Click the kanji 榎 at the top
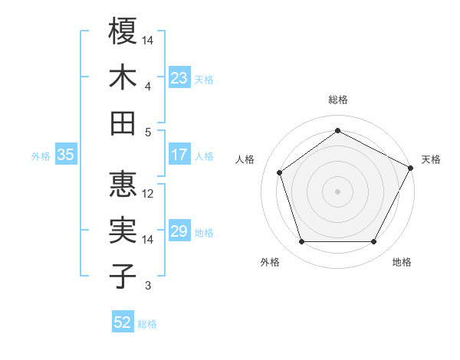[x=123, y=31]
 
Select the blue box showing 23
[x=179, y=78]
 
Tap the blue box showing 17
[x=179, y=155]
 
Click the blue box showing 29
[x=179, y=231]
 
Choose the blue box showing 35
[x=65, y=155]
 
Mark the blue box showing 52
[x=122, y=322]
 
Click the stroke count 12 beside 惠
[x=149, y=193]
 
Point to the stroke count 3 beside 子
[x=148, y=286]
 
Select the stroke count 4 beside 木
[x=148, y=87]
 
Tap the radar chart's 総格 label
[x=337, y=100]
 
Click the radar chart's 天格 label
[x=431, y=159]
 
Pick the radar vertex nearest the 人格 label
[x=280, y=172]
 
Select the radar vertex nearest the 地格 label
[x=373, y=242]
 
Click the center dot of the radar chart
[x=337, y=191]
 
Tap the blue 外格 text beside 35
[x=41, y=155]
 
